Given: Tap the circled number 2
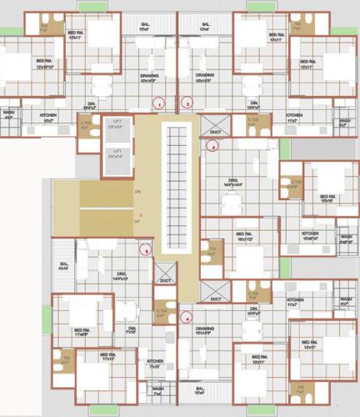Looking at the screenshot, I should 187,103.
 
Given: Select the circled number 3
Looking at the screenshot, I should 212,146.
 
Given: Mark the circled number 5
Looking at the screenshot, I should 146,249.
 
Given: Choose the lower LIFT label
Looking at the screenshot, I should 117,153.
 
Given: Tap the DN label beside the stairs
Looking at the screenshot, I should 137,191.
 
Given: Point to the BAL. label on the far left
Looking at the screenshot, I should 62,267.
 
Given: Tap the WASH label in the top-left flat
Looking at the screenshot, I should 8,114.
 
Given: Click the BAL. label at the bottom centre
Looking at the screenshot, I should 199,389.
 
